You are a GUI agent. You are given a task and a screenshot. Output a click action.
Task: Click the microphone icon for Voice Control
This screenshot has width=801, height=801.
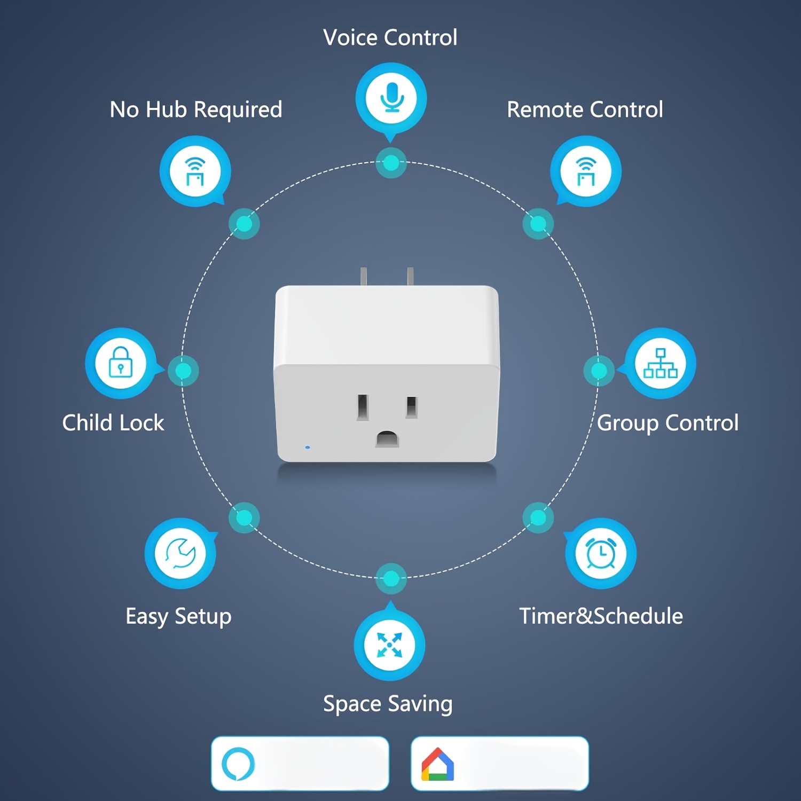point(391,97)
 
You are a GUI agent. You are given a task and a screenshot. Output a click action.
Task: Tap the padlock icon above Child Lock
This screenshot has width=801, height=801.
point(121,363)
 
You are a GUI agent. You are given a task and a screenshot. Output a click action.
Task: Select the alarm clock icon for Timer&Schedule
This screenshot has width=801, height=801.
point(601,553)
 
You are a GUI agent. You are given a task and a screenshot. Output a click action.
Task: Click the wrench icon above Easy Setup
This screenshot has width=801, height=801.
point(180,553)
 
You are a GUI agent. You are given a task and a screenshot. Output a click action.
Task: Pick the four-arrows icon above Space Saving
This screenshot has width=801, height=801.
point(390,645)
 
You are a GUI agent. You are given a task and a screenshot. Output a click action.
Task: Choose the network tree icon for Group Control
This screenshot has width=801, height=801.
point(661,363)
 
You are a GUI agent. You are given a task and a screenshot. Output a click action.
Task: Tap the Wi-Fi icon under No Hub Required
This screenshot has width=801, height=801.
point(195,171)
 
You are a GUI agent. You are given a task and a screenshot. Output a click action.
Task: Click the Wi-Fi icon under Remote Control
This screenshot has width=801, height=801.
point(586,171)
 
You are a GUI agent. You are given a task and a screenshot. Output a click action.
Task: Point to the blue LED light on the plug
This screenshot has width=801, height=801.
point(308,447)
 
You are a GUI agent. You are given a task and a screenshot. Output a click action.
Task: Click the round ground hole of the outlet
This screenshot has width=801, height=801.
point(387,439)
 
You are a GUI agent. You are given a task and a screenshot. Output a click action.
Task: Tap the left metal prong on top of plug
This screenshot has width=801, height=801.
point(364,277)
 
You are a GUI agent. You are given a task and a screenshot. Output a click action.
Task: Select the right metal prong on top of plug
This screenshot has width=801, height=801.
point(410,277)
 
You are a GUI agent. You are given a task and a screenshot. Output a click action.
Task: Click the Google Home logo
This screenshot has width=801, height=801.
point(438,764)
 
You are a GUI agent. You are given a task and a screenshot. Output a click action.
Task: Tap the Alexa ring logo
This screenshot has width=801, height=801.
point(238,764)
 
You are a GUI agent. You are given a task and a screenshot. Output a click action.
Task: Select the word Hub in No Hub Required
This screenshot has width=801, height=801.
point(166,110)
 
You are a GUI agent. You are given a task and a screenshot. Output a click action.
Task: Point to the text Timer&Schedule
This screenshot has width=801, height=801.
point(601,616)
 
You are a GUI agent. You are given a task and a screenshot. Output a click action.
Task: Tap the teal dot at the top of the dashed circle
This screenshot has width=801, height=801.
point(391,163)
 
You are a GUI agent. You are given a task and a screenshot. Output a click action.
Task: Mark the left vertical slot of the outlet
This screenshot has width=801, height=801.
point(363,407)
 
